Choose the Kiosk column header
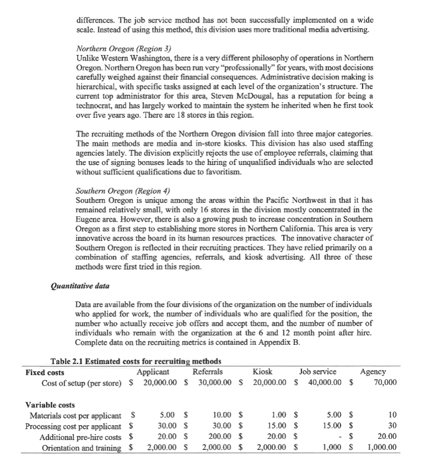(263, 372)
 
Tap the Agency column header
(373, 372)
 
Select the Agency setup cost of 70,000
(385, 382)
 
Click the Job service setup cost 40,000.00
(322, 382)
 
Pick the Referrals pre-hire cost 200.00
(216, 436)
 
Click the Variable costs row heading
(51, 405)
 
